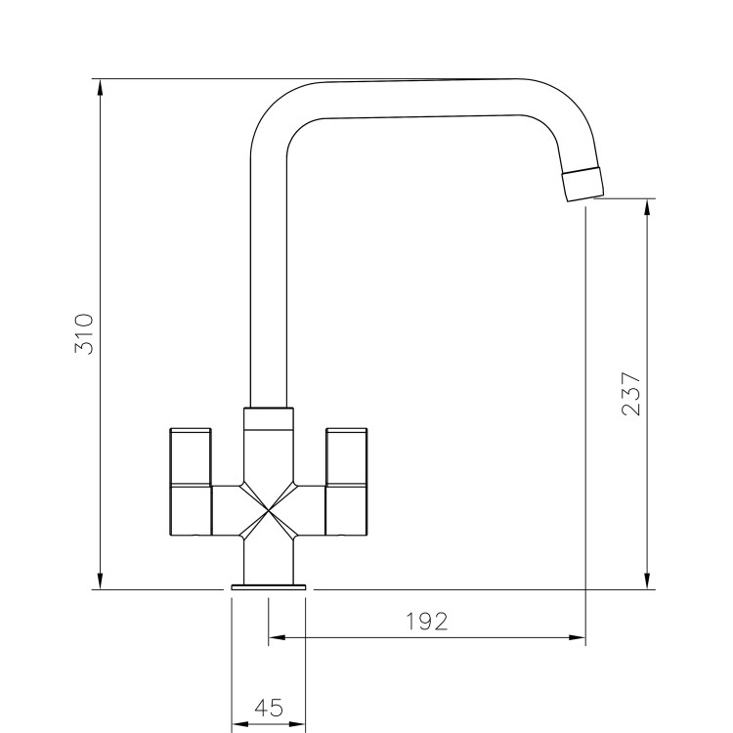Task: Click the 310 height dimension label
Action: click(85, 334)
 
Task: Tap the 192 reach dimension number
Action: click(427, 622)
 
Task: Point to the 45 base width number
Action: click(268, 709)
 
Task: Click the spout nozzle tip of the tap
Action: click(583, 183)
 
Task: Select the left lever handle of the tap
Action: click(192, 481)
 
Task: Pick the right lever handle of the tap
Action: click(346, 481)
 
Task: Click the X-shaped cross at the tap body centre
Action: click(268, 510)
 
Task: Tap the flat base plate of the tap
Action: click(269, 586)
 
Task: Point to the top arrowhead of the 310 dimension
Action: click(101, 87)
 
